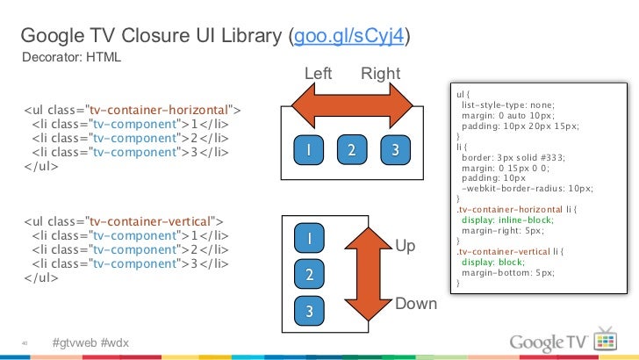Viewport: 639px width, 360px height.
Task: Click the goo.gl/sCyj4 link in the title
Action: point(349,37)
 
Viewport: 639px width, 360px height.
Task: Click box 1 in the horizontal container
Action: point(308,150)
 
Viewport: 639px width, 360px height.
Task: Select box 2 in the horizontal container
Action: point(351,150)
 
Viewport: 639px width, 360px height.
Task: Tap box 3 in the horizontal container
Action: point(396,150)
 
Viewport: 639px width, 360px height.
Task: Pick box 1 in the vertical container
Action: point(309,239)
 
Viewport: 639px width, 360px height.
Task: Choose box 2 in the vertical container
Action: point(309,275)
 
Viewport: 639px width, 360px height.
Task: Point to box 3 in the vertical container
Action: point(309,311)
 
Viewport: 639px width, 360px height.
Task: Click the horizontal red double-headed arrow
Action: point(352,111)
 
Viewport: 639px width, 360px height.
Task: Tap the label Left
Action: point(318,74)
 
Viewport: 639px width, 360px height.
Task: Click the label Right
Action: point(380,74)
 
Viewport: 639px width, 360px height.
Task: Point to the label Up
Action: point(406,247)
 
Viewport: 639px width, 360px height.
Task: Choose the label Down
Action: point(416,304)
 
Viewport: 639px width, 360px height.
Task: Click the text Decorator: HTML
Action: point(71,58)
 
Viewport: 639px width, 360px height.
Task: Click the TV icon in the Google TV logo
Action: point(606,340)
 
